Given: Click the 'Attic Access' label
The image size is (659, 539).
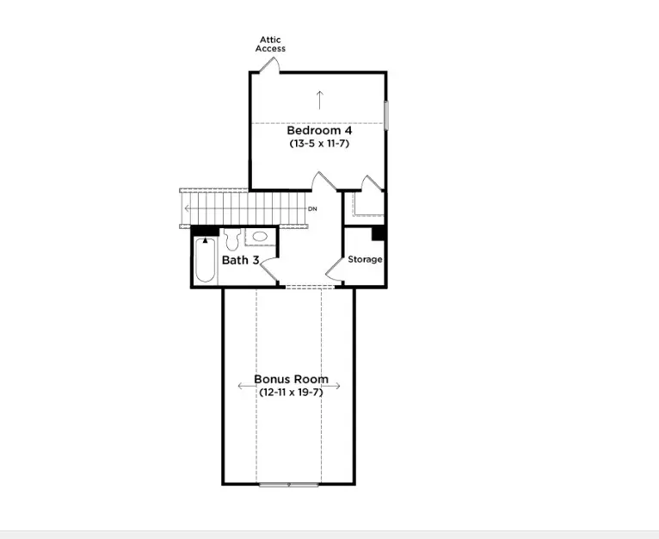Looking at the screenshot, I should point(270,44).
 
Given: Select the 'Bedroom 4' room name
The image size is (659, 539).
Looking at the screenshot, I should point(319,131).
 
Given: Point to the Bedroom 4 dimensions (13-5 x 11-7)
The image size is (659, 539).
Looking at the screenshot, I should point(319,144).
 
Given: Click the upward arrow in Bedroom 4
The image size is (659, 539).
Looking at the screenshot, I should point(320,99).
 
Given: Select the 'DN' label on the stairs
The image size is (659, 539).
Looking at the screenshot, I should point(312,209).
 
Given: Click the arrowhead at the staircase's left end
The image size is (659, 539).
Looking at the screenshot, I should point(187,209).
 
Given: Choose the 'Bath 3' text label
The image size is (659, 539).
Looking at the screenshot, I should point(240,260).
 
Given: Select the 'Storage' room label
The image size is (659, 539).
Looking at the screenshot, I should point(365,259).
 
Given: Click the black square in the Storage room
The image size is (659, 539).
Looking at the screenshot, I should point(377,233).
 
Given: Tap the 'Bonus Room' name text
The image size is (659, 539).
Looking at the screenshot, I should point(290,380).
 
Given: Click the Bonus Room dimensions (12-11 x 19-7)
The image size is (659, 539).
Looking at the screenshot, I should point(290,392).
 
